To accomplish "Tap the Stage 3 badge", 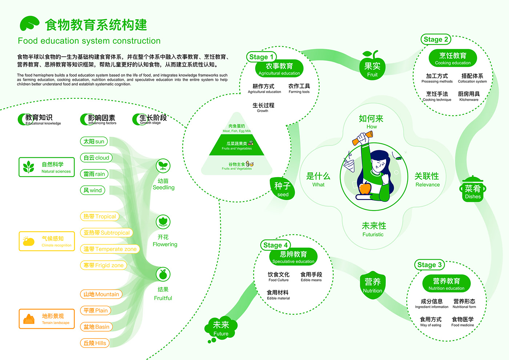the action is point(429,265).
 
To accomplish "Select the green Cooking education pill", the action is point(453,58).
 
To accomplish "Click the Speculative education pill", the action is point(293,257).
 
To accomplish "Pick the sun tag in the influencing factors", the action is point(94,141).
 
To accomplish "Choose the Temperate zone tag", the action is point(110,249).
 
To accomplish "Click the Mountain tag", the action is point(101,294).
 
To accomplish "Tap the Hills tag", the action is point(95,343).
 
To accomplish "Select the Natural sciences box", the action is point(47,167).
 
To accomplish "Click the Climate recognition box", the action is point(47,241).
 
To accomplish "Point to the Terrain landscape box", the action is point(47,319).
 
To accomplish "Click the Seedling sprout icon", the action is point(163,166).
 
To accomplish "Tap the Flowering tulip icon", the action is point(163,221).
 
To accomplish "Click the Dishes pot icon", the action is point(473,190).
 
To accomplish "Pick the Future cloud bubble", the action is point(221,328).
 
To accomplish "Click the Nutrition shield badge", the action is point(373,285).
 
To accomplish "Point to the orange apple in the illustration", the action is point(365,188).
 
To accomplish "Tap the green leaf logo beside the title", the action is point(29,24).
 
